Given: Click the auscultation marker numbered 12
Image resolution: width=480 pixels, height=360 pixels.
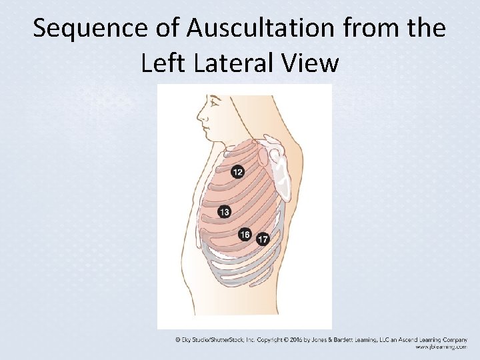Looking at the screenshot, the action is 237,173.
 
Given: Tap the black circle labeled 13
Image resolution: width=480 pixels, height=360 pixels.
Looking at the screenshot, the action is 224,212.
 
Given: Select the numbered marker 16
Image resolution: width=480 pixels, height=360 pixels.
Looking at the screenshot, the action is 245,234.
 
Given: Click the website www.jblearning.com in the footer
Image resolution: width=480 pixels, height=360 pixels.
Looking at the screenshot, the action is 441,347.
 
